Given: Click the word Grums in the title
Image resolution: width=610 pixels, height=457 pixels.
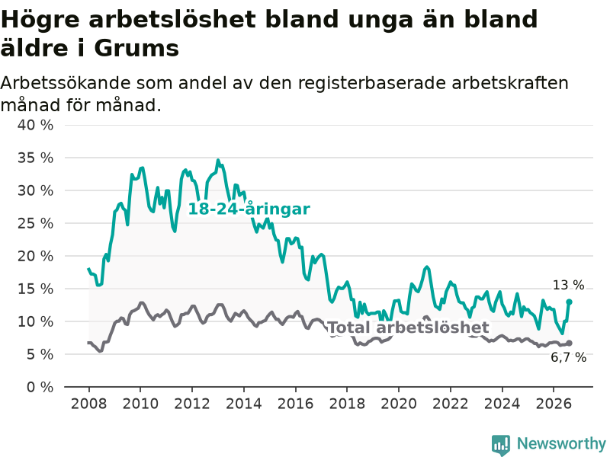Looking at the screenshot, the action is click(136, 49).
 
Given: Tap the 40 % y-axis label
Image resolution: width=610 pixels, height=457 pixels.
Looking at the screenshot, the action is click(35, 125).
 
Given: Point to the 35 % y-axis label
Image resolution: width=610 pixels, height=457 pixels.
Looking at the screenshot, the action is click(35, 158).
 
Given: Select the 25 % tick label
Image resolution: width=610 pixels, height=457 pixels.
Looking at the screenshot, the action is click(35, 223).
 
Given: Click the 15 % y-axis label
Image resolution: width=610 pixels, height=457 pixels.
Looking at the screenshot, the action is click(35, 289).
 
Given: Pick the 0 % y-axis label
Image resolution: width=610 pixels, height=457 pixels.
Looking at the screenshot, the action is click(40, 387).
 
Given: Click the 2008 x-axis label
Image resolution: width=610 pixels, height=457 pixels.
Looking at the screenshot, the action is click(88, 404).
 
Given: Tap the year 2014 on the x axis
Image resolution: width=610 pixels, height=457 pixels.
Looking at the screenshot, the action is click(244, 404).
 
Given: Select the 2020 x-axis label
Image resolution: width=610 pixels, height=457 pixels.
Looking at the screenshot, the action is click(399, 404).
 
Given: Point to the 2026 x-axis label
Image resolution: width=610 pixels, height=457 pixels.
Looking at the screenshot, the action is click(554, 404).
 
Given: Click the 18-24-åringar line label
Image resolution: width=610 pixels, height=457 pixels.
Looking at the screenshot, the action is click(249, 209).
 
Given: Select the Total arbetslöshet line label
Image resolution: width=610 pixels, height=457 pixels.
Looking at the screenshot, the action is click(409, 328).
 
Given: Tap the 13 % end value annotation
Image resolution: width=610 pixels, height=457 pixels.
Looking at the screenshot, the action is click(568, 285).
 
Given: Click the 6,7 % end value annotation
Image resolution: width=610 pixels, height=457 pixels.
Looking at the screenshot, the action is click(568, 357).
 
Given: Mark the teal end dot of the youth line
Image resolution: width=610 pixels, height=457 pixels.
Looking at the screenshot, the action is click(569, 302).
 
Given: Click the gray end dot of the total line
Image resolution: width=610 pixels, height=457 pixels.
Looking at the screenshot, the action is click(569, 344).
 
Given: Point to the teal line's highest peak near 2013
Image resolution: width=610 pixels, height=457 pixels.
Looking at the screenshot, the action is click(218, 160).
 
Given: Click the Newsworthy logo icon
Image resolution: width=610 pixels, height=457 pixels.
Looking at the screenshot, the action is click(501, 445).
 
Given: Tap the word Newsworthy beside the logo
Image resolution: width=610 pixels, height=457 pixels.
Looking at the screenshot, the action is click(561, 443).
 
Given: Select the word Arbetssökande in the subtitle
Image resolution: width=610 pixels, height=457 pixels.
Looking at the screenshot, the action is click(64, 83).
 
